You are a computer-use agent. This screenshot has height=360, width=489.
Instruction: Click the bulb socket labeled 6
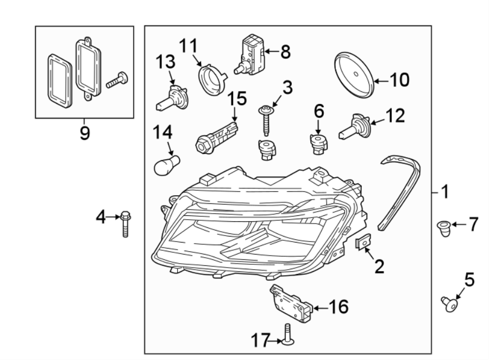pos(318,144)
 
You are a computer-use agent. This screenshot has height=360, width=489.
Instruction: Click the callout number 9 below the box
pos(84,132)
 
